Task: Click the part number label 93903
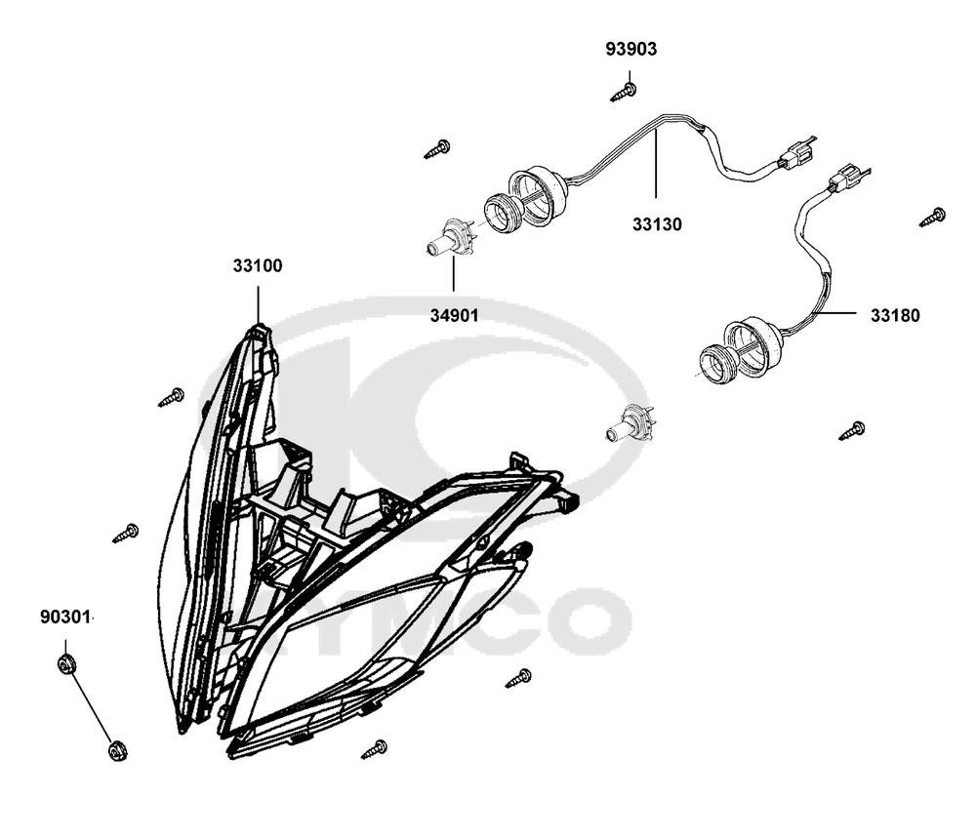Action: (x=631, y=49)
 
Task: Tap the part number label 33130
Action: (x=657, y=224)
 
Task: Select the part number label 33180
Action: (x=895, y=315)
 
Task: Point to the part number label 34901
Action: (x=455, y=315)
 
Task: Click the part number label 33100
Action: (x=258, y=265)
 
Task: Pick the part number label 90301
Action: (x=65, y=618)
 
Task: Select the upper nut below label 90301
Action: (x=66, y=663)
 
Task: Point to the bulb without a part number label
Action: (x=630, y=424)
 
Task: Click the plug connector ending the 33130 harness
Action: (x=796, y=155)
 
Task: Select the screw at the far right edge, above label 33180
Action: (x=933, y=218)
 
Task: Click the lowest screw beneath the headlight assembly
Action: (x=374, y=749)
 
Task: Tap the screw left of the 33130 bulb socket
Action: (x=437, y=150)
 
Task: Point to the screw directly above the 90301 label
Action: (x=126, y=534)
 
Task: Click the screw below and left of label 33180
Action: (x=852, y=430)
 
